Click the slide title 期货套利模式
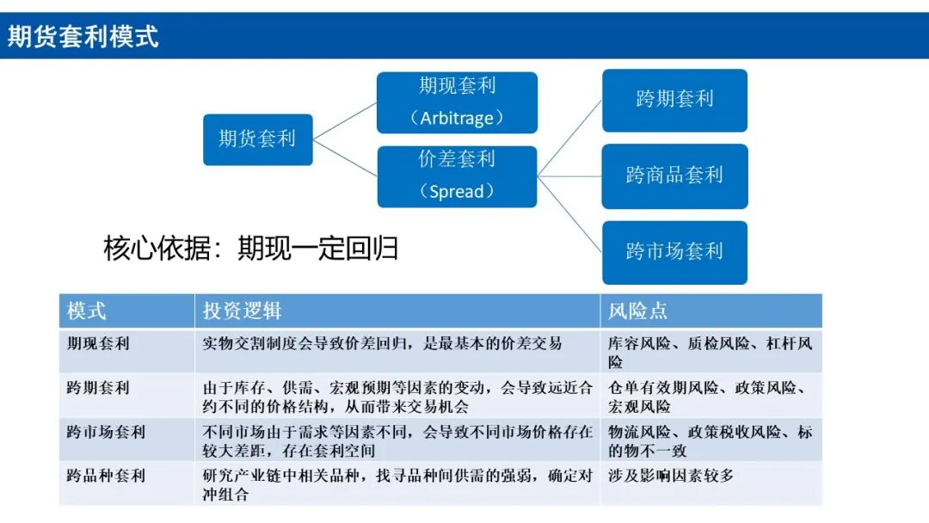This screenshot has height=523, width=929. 83,37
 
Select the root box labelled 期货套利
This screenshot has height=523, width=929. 257,139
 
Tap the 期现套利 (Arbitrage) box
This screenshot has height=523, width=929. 457,102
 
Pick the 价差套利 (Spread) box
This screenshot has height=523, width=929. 457,176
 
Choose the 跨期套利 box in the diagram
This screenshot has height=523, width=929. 674,100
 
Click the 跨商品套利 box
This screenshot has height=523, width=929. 674,176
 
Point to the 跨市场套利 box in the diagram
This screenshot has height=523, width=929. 674,252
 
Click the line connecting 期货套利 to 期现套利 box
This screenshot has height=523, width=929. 345,120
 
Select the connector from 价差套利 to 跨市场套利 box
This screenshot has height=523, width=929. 569,214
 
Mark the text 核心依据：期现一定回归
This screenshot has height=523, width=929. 251,249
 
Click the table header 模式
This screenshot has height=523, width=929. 87,311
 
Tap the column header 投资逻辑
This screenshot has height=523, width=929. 242,311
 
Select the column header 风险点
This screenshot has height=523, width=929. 637,311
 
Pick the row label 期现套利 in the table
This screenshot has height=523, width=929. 98,344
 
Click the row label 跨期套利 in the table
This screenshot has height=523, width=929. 98,388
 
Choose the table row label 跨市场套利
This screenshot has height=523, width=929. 106,432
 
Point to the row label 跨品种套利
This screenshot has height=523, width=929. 106,476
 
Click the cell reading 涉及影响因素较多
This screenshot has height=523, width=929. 671,476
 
